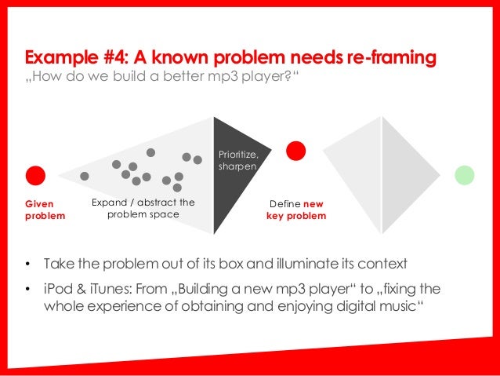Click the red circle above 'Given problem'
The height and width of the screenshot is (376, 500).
pyautogui.click(x=36, y=176)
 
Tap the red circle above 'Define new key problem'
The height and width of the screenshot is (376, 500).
pyautogui.click(x=295, y=151)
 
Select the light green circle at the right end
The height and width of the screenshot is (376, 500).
pyautogui.click(x=465, y=174)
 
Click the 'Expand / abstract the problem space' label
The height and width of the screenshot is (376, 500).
pyautogui.click(x=143, y=209)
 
